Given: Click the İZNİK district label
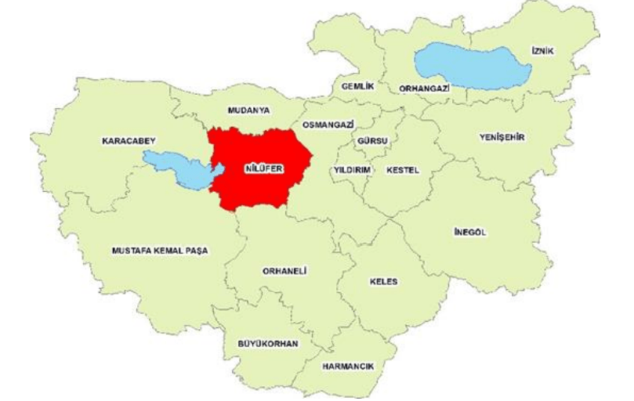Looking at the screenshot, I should pos(542,51).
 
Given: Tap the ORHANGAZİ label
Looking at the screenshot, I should pos(425,89).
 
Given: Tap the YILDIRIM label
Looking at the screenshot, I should pos(352,169).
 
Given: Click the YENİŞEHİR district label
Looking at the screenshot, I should pos(502,138).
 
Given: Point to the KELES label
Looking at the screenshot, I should pos(384,281).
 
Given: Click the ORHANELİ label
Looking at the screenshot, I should pos(284,271).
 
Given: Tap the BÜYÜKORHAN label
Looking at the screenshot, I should pos(268,343).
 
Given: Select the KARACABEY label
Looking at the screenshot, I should pos(129,141).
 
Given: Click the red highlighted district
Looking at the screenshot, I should pos(259,188).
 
